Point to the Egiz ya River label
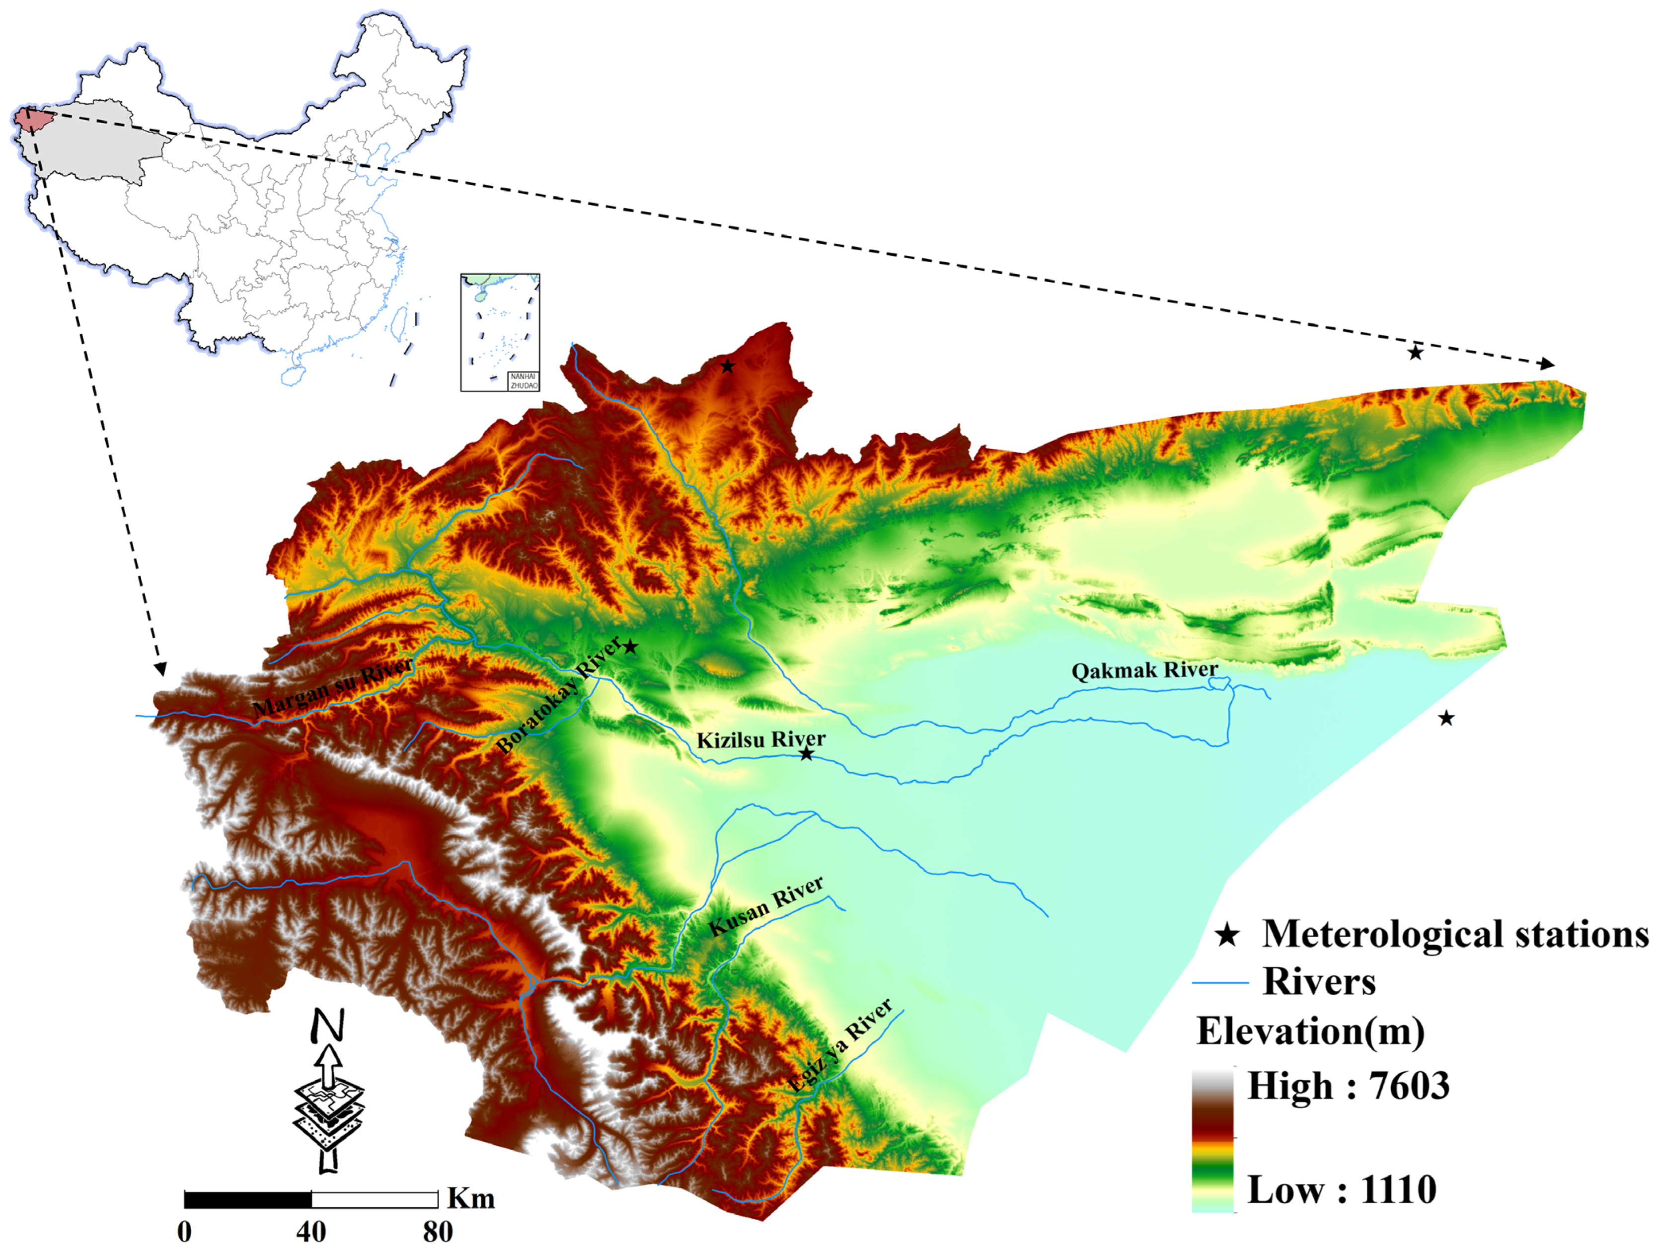(x=840, y=1045)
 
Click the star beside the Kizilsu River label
(x=806, y=754)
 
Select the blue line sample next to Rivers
(x=1219, y=982)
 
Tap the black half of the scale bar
(x=248, y=1200)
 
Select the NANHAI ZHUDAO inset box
(x=500, y=332)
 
